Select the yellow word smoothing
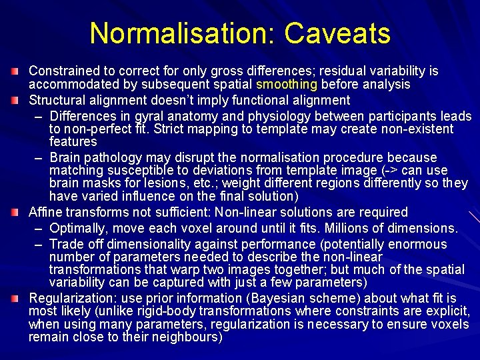[x=287, y=85]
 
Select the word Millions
[x=356, y=229]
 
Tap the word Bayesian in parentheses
[x=241, y=298]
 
